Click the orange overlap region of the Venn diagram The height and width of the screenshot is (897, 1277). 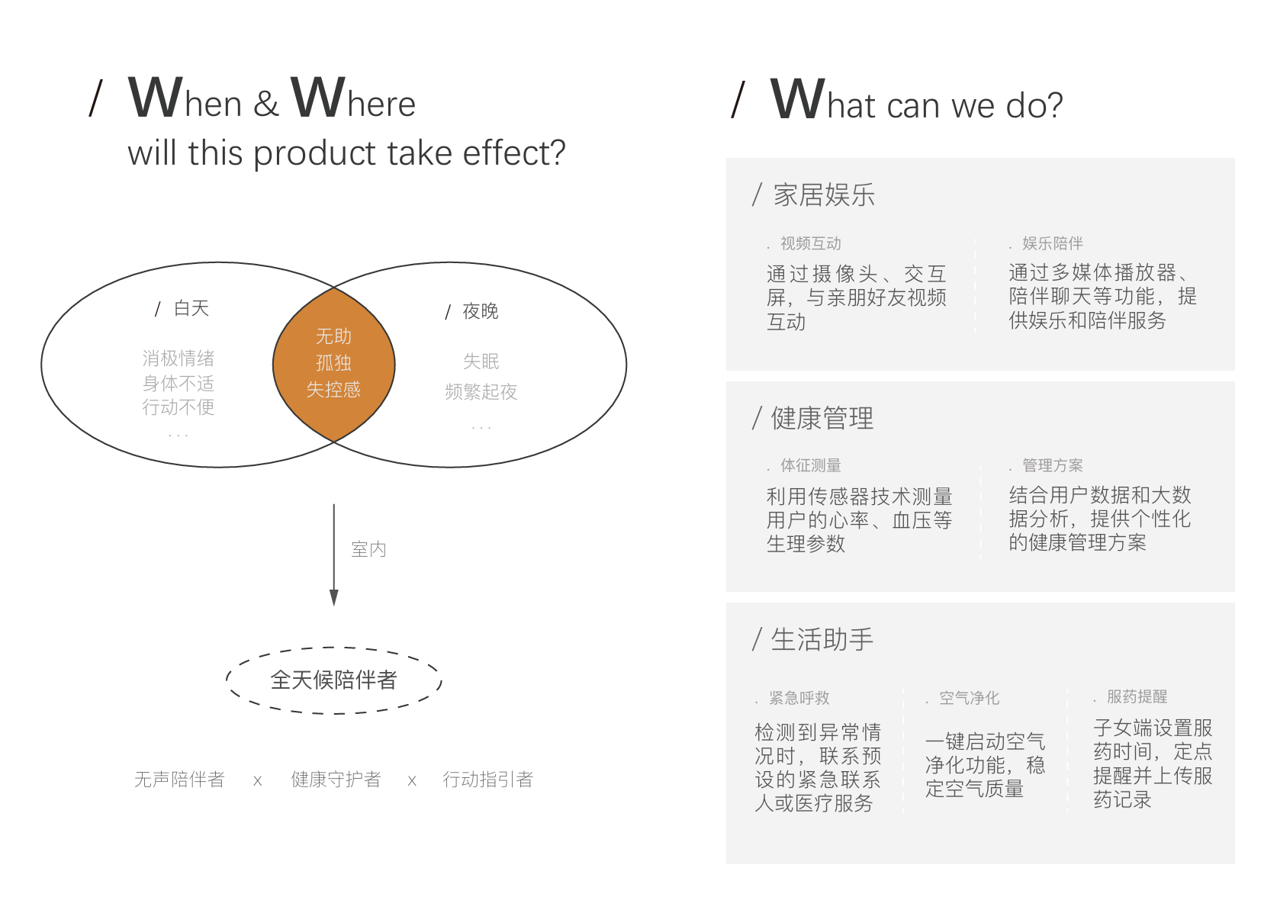tap(334, 365)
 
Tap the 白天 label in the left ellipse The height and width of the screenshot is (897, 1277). tap(191, 308)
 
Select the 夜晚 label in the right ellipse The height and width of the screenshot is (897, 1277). tap(481, 311)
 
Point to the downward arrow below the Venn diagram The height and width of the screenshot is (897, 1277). tap(334, 555)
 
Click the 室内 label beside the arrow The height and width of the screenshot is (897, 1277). tap(369, 549)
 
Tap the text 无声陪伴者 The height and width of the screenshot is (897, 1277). tap(179, 779)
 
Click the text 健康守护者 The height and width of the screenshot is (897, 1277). tap(336, 779)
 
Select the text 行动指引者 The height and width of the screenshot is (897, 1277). tap(488, 779)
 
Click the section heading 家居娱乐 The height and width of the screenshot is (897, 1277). tap(824, 195)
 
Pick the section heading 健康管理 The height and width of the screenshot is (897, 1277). tap(822, 418)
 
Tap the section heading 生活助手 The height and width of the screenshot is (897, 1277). tap(822, 639)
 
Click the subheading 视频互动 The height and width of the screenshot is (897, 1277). tap(811, 244)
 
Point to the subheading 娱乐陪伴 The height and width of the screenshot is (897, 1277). tap(1053, 244)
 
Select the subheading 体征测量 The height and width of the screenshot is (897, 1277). tap(811, 465)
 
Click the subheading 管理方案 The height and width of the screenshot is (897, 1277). tap(1053, 465)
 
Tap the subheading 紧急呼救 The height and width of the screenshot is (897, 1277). tap(799, 698)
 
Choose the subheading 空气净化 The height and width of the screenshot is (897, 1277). tap(969, 698)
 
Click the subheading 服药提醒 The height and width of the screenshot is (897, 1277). tap(1137, 696)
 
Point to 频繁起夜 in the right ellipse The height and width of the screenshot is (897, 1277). tap(481, 391)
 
